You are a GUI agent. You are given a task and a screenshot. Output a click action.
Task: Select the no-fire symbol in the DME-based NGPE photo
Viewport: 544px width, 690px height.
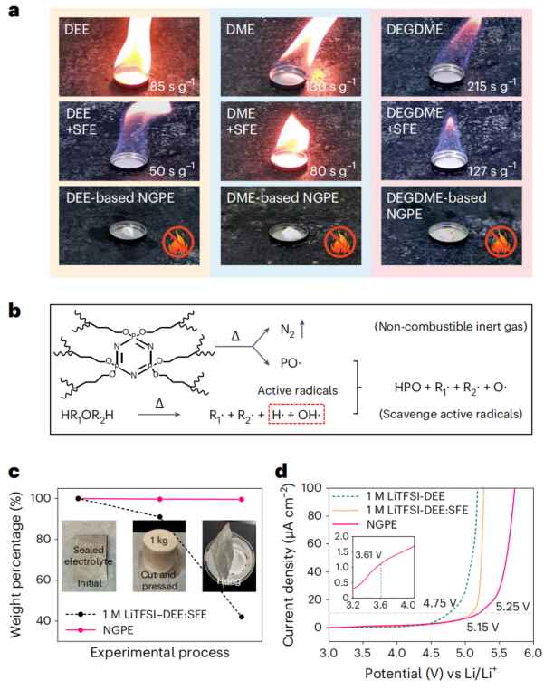[x=339, y=244]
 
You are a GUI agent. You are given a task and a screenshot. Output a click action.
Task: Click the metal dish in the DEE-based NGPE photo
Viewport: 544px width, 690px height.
[x=128, y=230]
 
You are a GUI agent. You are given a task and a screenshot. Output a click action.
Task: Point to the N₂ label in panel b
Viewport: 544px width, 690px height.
[x=288, y=330]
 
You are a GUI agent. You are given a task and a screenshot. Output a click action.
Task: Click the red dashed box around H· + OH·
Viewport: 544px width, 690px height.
[x=296, y=414]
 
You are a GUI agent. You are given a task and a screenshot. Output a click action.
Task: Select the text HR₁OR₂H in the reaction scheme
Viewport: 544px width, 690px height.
[x=87, y=415]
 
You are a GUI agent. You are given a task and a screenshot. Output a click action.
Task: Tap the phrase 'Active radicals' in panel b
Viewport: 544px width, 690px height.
[x=297, y=390]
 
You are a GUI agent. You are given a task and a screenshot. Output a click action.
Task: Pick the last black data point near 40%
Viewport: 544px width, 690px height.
[x=242, y=617]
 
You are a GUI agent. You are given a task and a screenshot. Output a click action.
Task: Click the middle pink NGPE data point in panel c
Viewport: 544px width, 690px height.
[x=159, y=499]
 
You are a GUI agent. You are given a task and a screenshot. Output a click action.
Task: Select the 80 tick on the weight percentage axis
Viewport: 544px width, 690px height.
[x=44, y=539]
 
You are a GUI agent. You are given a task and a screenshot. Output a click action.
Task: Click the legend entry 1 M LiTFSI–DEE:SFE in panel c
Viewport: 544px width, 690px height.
[x=155, y=614]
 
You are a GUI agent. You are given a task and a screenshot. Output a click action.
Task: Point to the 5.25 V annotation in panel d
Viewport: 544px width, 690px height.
[x=512, y=607]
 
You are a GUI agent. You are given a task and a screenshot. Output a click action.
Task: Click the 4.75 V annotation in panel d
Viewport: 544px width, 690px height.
[x=440, y=603]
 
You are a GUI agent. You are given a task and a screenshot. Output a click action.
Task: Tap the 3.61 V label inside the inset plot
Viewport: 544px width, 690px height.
[x=368, y=555]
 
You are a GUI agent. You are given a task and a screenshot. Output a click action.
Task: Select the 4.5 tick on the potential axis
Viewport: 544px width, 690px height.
[x=431, y=653]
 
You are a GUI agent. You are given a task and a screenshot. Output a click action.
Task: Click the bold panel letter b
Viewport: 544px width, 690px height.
[x=14, y=311]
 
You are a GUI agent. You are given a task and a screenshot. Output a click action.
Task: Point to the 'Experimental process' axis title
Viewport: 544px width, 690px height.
[x=159, y=652]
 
